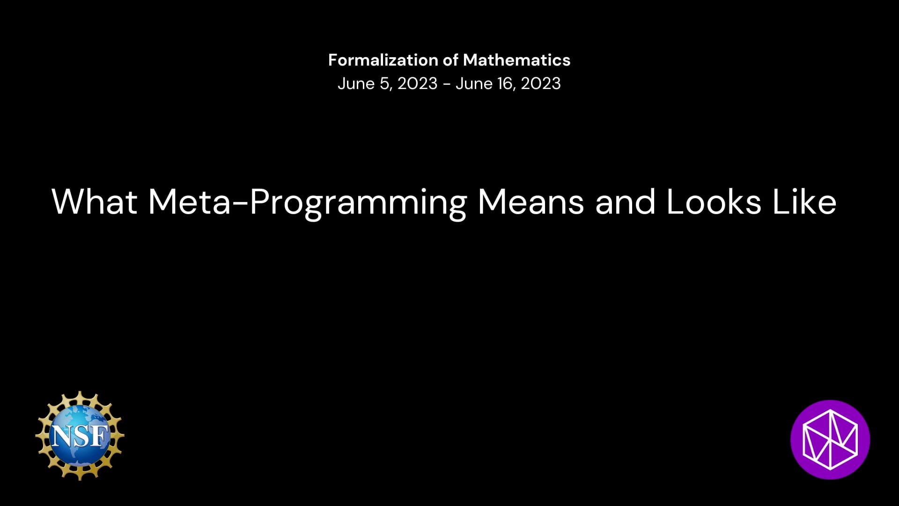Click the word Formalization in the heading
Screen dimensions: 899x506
coord(383,60)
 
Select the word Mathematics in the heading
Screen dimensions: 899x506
coord(517,60)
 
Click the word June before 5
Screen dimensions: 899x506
coord(356,83)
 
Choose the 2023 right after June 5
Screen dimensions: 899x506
coord(418,83)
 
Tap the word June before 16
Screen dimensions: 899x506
coord(474,83)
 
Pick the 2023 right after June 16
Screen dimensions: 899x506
coord(541,83)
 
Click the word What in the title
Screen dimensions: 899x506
coord(95,202)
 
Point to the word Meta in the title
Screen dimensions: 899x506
coord(190,202)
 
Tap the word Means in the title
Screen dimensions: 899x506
coord(531,202)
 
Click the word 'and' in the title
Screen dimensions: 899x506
coord(626,202)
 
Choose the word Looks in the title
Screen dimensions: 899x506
coord(714,202)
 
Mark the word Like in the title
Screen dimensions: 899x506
coord(804,202)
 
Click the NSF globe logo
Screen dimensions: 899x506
coord(80,436)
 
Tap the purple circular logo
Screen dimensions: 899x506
coord(830,439)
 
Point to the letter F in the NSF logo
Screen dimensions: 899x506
coord(99,436)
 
